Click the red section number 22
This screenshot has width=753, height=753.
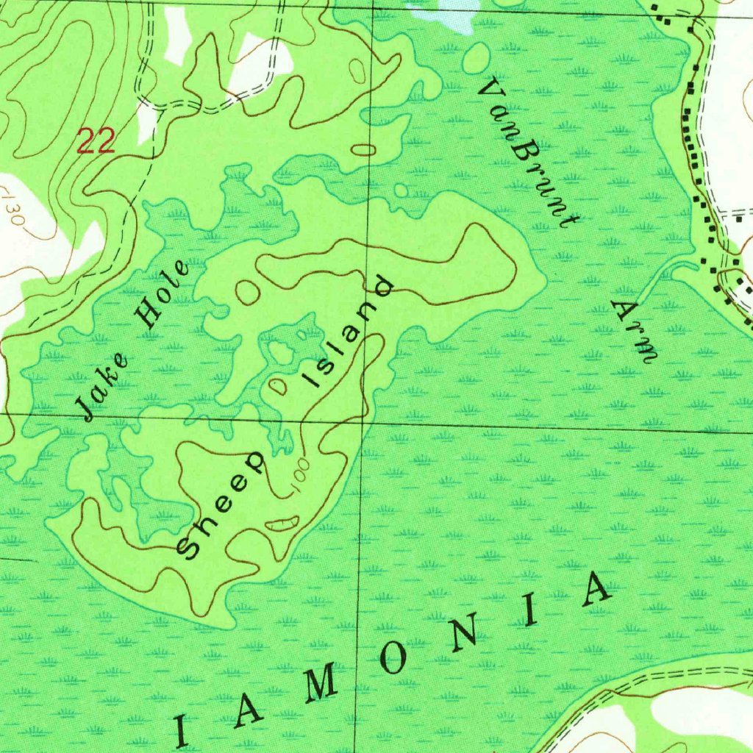coord(96,140)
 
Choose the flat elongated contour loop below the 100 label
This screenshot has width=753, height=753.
coord(282,524)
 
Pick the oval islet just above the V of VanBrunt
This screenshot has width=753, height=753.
coord(477,57)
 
